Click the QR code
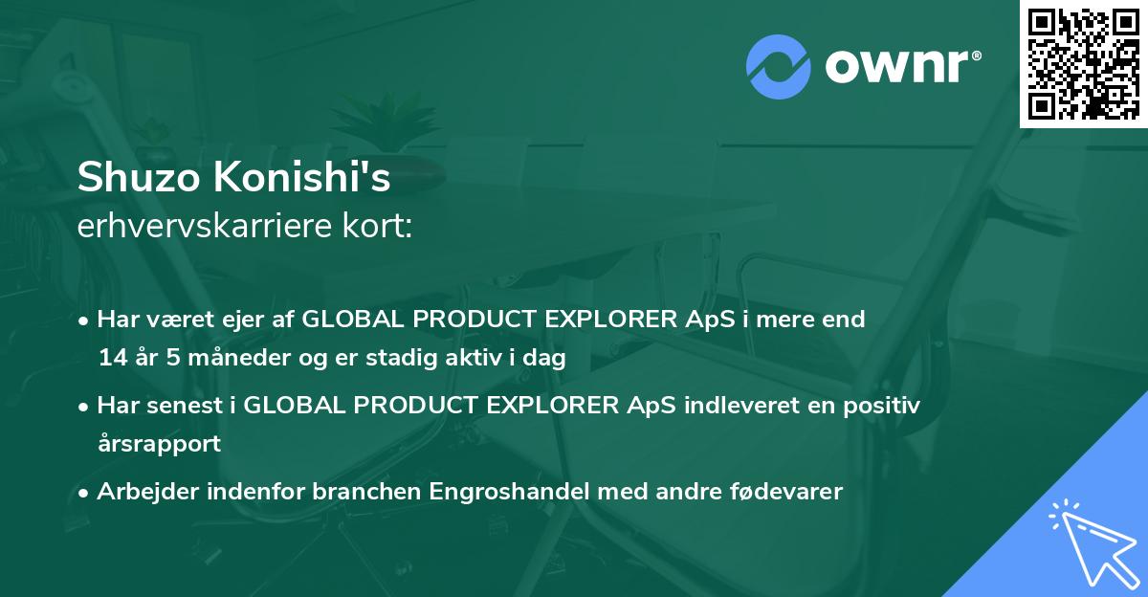point(1084,63)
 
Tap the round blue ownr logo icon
point(779,66)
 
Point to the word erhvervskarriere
point(206,227)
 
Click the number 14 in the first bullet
point(112,359)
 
